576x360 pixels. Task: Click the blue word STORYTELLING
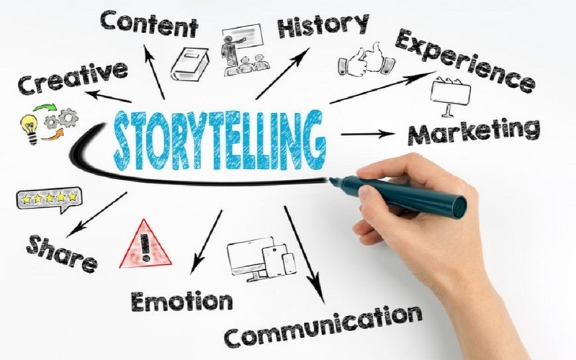pyautogui.click(x=220, y=140)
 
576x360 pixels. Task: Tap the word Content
pyautogui.click(x=149, y=24)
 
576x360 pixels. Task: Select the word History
pyautogui.click(x=323, y=25)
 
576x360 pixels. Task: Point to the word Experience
pyautogui.click(x=464, y=60)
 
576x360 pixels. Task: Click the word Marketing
pyautogui.click(x=474, y=132)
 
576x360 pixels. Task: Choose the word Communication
pyautogui.click(x=323, y=327)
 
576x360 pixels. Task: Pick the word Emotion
pyautogui.click(x=182, y=302)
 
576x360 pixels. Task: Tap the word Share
pyautogui.click(x=62, y=253)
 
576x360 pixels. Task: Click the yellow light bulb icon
pyautogui.click(x=30, y=129)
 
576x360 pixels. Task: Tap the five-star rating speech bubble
pyautogui.click(x=49, y=200)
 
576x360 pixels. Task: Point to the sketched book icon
pyautogui.click(x=189, y=64)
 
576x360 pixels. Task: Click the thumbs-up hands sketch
pyautogui.click(x=366, y=60)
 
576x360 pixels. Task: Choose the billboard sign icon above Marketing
pyautogui.click(x=451, y=97)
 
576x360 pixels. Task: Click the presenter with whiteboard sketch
pyautogui.click(x=246, y=50)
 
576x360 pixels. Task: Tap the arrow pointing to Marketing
pyautogui.click(x=368, y=134)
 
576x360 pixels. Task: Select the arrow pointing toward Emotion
pyautogui.click(x=206, y=242)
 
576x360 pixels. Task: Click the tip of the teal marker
pyautogui.click(x=330, y=179)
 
